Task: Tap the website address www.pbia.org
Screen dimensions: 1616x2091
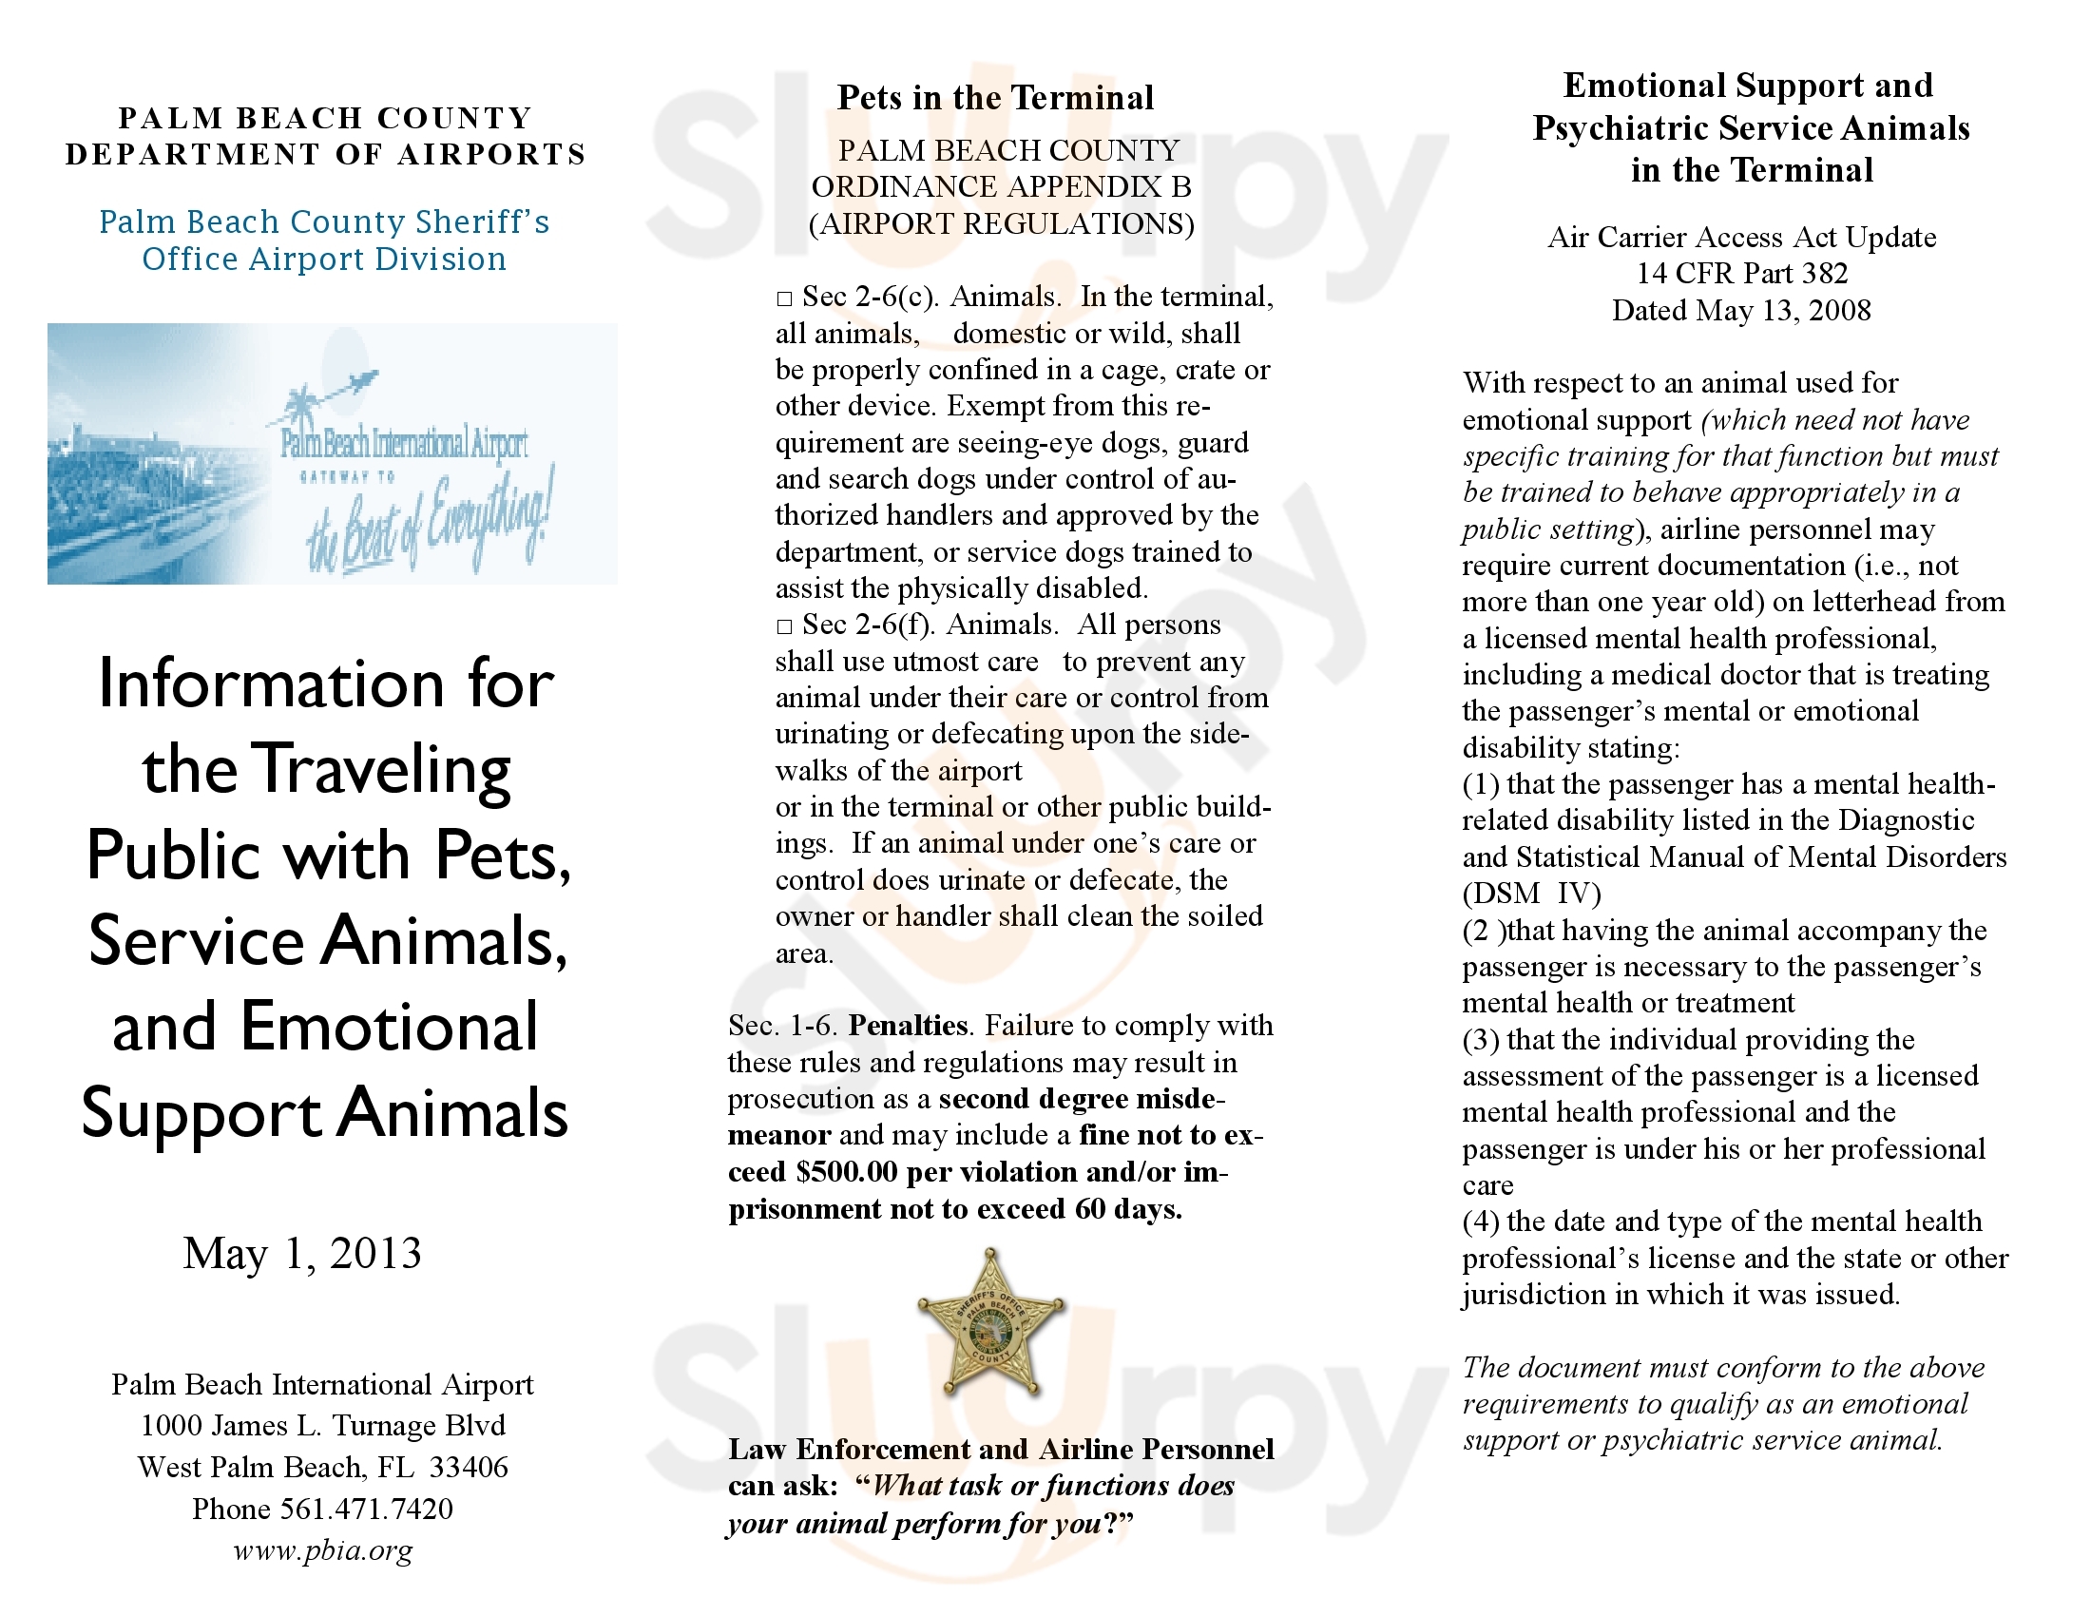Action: click(322, 1550)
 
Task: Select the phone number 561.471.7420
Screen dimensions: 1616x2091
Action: click(366, 1509)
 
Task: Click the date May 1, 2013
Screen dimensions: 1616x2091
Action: click(302, 1253)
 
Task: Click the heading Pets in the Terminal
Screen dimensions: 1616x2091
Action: click(995, 98)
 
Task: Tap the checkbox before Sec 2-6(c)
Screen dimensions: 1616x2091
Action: click(784, 299)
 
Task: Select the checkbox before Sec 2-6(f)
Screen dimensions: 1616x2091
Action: click(784, 627)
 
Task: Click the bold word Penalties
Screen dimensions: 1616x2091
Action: click(908, 1026)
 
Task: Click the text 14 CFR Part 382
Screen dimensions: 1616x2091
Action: click(1741, 274)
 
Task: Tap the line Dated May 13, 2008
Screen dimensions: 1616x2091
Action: click(1740, 310)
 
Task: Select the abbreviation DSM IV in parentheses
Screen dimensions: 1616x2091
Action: click(1532, 894)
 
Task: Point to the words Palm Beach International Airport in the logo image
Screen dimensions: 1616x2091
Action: click(404, 442)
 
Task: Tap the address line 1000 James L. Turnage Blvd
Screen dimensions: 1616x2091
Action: click(322, 1426)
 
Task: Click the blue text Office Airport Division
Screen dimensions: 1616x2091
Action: click(323, 260)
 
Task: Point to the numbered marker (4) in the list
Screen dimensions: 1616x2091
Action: click(1480, 1222)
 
